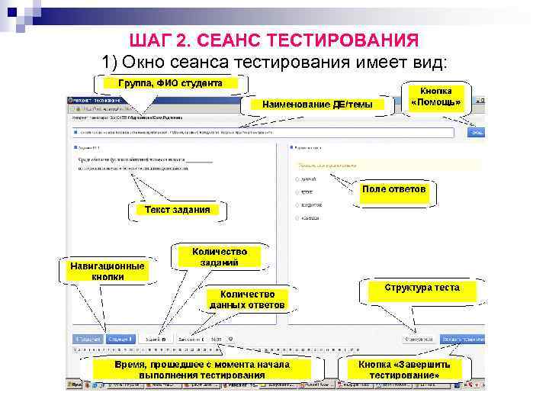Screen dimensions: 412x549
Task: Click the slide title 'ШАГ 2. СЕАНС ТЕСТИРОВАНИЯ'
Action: click(274, 40)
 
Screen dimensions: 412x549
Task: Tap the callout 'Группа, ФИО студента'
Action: click(169, 82)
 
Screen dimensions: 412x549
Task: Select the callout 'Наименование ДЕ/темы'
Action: click(318, 105)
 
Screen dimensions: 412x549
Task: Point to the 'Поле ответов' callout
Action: click(394, 188)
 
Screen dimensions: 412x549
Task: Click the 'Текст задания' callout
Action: click(172, 209)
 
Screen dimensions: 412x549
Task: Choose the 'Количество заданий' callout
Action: click(219, 256)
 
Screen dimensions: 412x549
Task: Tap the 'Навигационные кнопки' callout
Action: click(108, 272)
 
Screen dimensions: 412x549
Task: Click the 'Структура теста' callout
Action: click(422, 288)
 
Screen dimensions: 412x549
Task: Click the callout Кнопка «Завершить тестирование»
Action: click(404, 370)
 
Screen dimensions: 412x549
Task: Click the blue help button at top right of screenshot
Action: click(477, 132)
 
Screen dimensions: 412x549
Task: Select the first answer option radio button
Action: click(296, 179)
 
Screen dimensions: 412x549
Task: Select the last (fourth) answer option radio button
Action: click(296, 218)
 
